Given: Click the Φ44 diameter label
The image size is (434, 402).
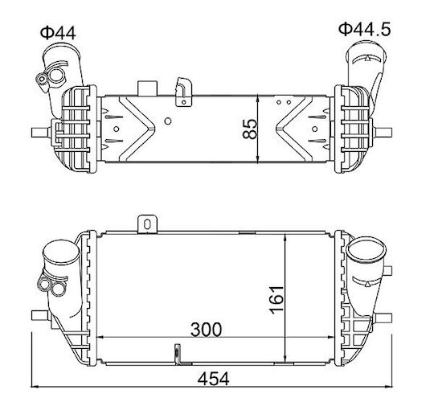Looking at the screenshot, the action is click(58, 33).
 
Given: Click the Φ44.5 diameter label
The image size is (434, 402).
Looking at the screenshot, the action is click(365, 30).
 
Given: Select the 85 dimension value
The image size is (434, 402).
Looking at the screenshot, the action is click(250, 129).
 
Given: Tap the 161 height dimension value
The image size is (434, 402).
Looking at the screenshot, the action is click(276, 300).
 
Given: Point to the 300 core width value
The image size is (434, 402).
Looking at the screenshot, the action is click(207, 330).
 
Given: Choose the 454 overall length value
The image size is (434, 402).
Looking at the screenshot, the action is click(214, 379).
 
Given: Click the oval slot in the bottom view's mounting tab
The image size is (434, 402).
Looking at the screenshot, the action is click(147, 224).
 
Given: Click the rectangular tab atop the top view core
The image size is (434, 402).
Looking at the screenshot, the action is click(147, 88).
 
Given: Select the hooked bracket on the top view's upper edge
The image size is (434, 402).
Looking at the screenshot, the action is click(183, 92).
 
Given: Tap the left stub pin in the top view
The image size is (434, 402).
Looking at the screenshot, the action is click(41, 133).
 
